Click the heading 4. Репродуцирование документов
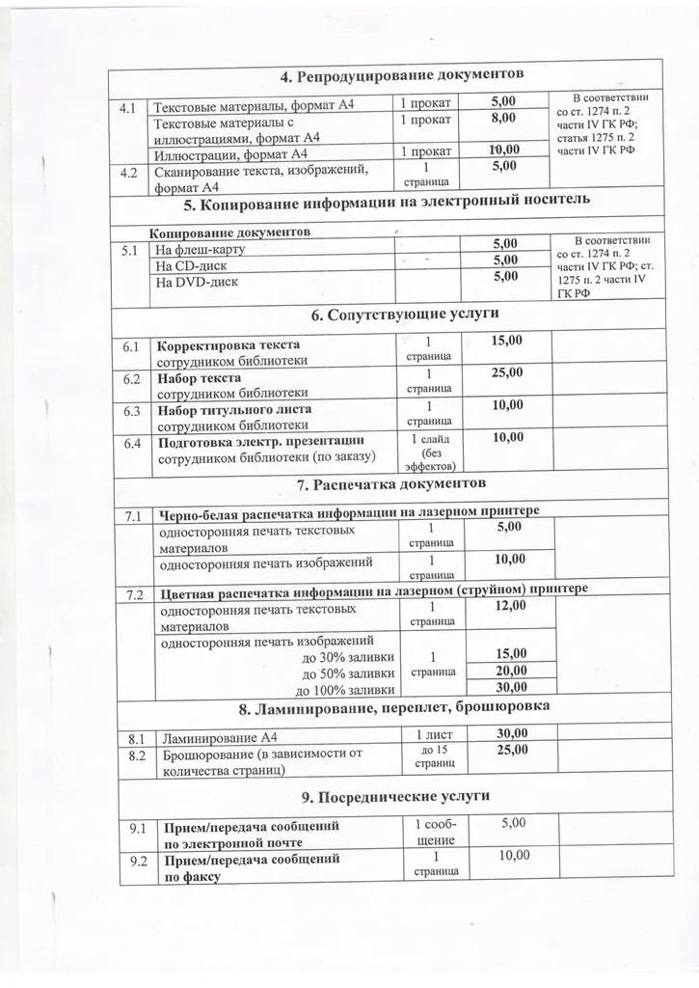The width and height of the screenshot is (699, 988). pyautogui.click(x=402, y=75)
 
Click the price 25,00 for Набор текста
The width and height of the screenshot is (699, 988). pyautogui.click(x=507, y=373)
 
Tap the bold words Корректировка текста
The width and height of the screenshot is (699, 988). pyautogui.click(x=229, y=345)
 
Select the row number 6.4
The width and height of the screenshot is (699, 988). pyautogui.click(x=132, y=444)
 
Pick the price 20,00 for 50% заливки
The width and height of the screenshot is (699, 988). pyautogui.click(x=511, y=671)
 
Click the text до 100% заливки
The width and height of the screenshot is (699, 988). pyautogui.click(x=344, y=689)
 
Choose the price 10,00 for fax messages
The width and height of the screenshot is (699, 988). pyautogui.click(x=511, y=856)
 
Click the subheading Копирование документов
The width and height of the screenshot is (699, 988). pyautogui.click(x=231, y=233)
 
